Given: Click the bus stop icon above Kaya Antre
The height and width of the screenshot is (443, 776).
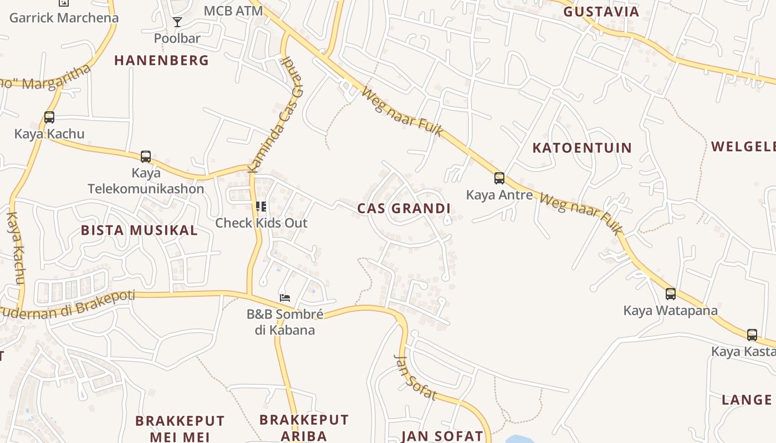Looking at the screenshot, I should (499, 178).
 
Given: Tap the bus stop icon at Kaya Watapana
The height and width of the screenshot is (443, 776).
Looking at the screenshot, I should (671, 294).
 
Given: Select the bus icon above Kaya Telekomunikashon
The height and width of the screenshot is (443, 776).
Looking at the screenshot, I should (146, 157).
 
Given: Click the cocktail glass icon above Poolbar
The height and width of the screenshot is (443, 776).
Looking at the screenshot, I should (177, 22).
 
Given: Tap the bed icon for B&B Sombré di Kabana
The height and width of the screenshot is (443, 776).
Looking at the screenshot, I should (285, 298).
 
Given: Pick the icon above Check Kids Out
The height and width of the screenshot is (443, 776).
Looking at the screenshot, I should (261, 207).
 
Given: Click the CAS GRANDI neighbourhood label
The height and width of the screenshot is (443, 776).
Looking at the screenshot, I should (404, 209).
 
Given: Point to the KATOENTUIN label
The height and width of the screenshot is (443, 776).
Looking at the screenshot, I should (582, 148).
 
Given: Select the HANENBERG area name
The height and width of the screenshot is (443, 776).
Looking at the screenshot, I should (161, 60).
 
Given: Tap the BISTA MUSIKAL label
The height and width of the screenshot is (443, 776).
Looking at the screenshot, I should (139, 230).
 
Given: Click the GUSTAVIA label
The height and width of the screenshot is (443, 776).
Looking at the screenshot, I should (601, 12).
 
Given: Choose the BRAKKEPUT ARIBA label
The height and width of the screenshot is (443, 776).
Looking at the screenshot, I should (304, 427).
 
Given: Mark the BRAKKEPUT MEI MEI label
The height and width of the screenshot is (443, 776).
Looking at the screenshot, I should (180, 429).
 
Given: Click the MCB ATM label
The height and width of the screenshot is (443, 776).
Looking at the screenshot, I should (233, 11).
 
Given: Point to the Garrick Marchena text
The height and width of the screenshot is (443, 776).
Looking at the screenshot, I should (64, 18).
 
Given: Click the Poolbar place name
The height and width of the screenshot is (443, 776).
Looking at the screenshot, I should (177, 39).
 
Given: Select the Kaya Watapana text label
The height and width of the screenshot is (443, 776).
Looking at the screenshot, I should (670, 311).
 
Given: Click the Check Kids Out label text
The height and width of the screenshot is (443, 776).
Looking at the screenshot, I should (261, 223).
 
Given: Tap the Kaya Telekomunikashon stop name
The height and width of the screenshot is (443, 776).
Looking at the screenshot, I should (146, 181).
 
